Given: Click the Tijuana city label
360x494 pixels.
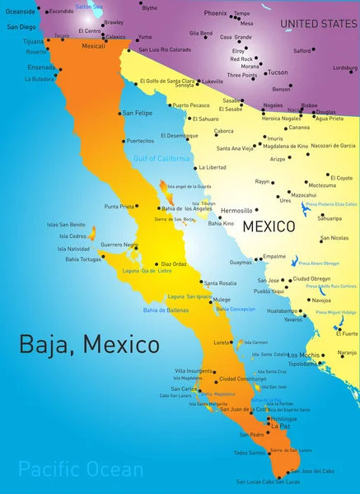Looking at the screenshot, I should pyautogui.click(x=34, y=40).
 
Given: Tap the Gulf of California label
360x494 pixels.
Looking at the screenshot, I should pyautogui.click(x=161, y=157).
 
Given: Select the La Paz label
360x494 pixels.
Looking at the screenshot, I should pyautogui.click(x=280, y=426).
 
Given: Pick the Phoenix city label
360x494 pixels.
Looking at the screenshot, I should pyautogui.click(x=215, y=13).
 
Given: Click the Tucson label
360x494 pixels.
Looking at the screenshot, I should pyautogui.click(x=278, y=72).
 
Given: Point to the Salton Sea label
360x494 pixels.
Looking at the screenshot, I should pyautogui.click(x=88, y=6).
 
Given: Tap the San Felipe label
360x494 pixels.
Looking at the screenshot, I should pyautogui.click(x=137, y=113).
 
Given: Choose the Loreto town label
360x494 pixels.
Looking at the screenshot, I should pyautogui.click(x=222, y=342).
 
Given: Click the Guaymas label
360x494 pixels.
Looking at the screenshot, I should pyautogui.click(x=241, y=262).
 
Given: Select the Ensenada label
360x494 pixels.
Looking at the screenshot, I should pyautogui.click(x=41, y=67).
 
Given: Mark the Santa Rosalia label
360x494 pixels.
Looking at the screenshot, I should pyautogui.click(x=220, y=282).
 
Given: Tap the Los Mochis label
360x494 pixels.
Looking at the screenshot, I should pyautogui.click(x=303, y=355).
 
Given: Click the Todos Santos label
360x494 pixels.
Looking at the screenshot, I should pyautogui.click(x=250, y=452).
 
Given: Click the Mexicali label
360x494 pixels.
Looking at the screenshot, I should pyautogui.click(x=94, y=46).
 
